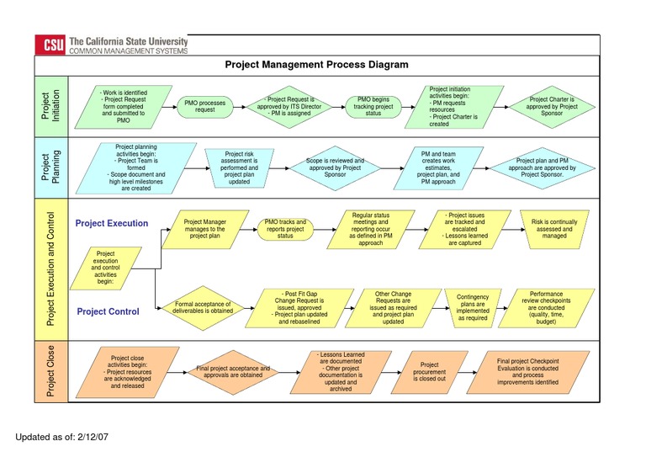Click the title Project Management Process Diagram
pyautogui.click(x=317, y=65)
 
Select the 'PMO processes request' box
pyautogui.click(x=205, y=106)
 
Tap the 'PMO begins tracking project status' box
pyautogui.click(x=374, y=106)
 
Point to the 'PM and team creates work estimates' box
pyautogui.click(x=437, y=167)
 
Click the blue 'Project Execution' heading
pyautogui.click(x=112, y=224)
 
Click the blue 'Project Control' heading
pyautogui.click(x=109, y=311)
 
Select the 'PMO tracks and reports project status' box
pyautogui.click(x=285, y=229)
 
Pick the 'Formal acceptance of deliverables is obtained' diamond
pyautogui.click(x=203, y=308)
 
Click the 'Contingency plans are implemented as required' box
pyautogui.click(x=472, y=308)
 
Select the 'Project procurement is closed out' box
pyautogui.click(x=429, y=372)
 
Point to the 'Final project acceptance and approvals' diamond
pyautogui.click(x=233, y=372)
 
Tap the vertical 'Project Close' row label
pyautogui.click(x=51, y=370)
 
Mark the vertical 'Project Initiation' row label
pyautogui.click(x=51, y=106)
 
